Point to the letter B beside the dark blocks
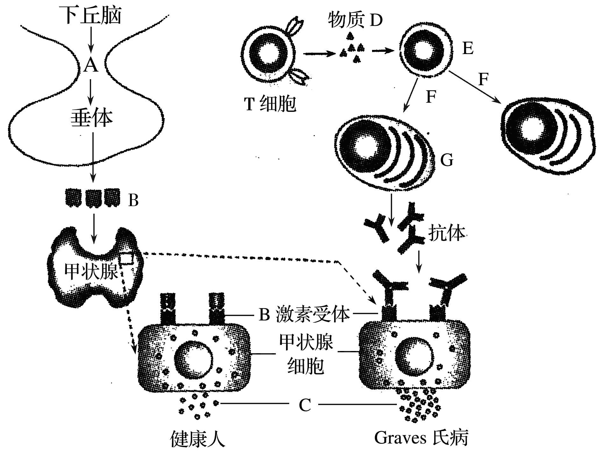click(x=133, y=201)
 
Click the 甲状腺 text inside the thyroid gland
click(x=91, y=271)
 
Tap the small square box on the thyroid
click(x=127, y=258)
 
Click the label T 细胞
click(x=270, y=104)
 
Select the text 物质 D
click(x=355, y=21)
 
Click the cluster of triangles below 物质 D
click(x=352, y=51)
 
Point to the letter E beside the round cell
click(x=468, y=49)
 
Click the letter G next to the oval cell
click(x=447, y=160)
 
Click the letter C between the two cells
click(x=305, y=405)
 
